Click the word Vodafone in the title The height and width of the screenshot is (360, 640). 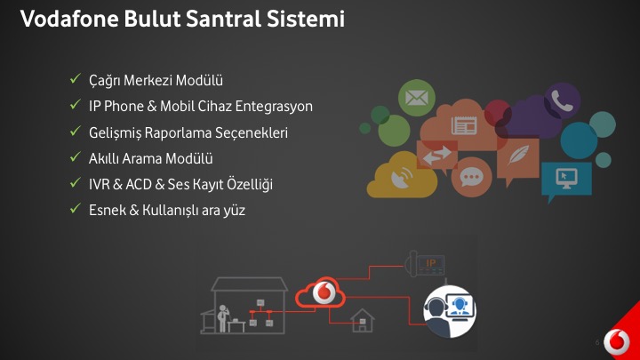69,19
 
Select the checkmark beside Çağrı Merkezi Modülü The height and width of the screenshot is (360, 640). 75,79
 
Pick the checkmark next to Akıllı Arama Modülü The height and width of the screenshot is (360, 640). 75,157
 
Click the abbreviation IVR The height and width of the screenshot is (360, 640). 100,185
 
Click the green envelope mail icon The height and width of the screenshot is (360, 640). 416,98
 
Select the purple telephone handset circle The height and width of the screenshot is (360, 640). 562,100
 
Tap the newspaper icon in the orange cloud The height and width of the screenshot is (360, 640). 464,125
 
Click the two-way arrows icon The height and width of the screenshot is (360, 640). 436,155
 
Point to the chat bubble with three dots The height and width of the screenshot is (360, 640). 471,177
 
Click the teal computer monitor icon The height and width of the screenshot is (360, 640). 566,180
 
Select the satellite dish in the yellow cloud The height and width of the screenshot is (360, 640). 402,178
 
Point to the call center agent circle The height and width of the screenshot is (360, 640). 450,311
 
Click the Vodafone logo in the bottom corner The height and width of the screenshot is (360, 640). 616,342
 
